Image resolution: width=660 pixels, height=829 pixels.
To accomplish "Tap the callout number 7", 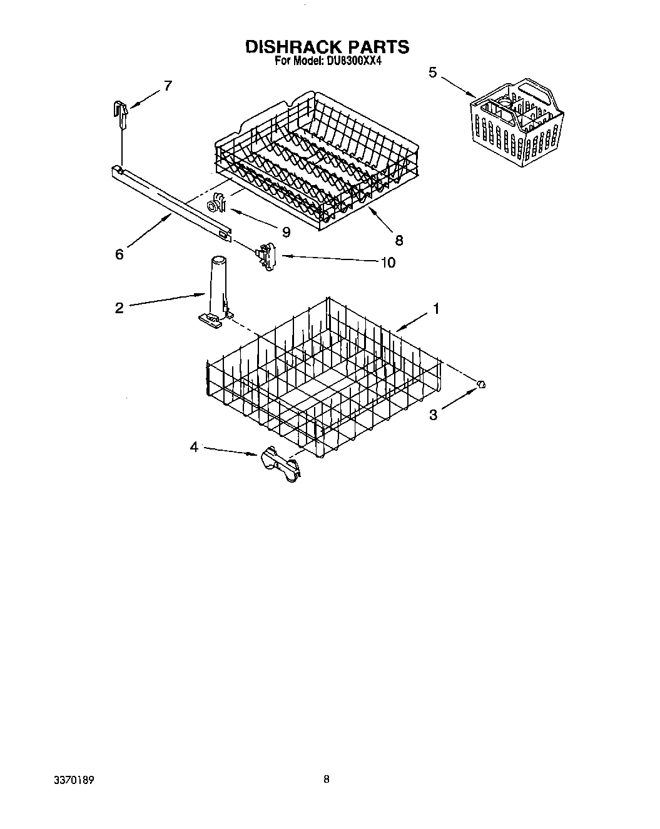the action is click(x=167, y=86).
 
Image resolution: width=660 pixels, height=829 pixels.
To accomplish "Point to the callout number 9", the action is click(x=286, y=232).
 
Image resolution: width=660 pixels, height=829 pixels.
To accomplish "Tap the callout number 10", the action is click(x=388, y=263).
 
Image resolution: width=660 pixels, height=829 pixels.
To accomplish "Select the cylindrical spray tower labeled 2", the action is click(x=216, y=288).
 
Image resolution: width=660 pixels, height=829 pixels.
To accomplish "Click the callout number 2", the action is click(x=119, y=308).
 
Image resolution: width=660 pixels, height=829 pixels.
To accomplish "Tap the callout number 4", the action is click(x=194, y=447).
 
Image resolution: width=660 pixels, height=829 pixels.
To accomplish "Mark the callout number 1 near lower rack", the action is click(x=436, y=309).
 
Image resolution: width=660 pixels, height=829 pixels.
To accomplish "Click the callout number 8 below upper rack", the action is click(x=399, y=239).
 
